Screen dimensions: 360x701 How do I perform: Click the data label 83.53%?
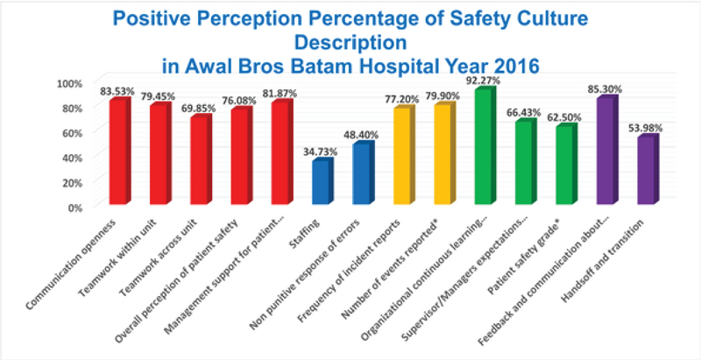115,90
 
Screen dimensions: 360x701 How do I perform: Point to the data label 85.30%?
604,88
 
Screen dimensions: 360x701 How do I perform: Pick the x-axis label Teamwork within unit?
131,251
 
